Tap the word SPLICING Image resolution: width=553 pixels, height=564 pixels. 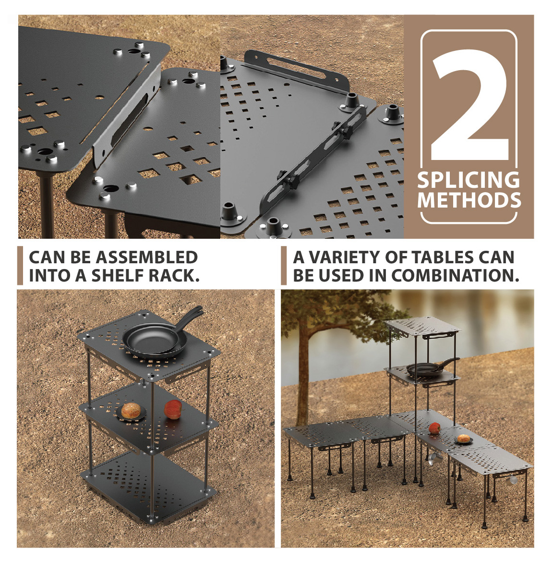click(469, 180)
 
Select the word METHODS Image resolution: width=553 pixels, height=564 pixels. click(469, 200)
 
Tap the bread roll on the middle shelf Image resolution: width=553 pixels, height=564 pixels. click(131, 411)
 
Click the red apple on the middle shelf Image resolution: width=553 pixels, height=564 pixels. click(173, 409)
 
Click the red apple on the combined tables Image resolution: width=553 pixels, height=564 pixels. click(434, 428)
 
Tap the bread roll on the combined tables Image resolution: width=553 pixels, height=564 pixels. click(464, 439)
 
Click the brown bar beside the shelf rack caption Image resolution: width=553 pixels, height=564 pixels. click(20, 266)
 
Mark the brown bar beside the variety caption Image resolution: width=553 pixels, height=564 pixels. click(284, 266)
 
